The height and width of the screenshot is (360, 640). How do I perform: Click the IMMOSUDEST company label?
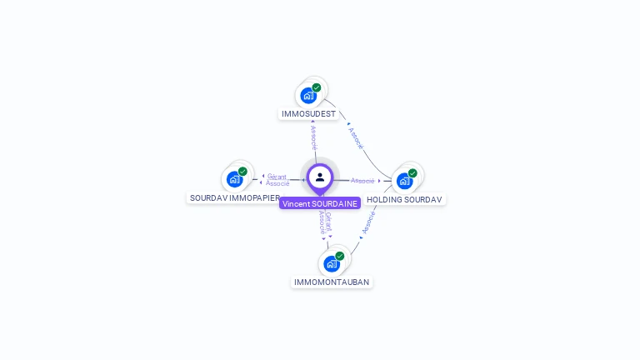click(308, 113)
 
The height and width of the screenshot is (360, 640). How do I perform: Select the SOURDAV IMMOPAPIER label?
click(234, 198)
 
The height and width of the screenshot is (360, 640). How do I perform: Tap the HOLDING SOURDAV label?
click(404, 199)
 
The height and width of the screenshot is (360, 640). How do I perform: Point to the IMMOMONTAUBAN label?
click(332, 282)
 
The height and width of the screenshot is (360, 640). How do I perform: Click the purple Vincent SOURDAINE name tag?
click(320, 203)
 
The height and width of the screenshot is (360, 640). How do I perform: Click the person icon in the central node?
click(320, 177)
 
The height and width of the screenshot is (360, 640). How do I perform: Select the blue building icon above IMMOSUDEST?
click(308, 95)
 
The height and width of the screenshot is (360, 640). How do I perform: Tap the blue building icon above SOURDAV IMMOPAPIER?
click(235, 179)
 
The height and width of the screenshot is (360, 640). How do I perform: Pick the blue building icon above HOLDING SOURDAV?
click(404, 181)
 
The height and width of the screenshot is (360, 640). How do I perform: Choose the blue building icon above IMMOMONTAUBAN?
click(332, 264)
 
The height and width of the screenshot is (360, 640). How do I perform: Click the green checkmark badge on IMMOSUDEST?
click(317, 87)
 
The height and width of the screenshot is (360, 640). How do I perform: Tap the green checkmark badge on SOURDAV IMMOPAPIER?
click(242, 172)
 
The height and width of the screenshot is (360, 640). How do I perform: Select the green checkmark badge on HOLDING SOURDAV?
click(412, 173)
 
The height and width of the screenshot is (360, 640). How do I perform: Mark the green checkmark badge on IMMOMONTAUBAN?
click(340, 257)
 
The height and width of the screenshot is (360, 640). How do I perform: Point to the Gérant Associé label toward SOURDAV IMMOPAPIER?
click(277, 179)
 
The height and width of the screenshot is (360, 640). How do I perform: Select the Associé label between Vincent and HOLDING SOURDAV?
click(362, 181)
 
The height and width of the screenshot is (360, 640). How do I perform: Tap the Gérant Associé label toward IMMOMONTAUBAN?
click(325, 222)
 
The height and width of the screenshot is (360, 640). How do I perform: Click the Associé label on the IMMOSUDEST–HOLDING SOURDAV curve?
click(356, 137)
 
